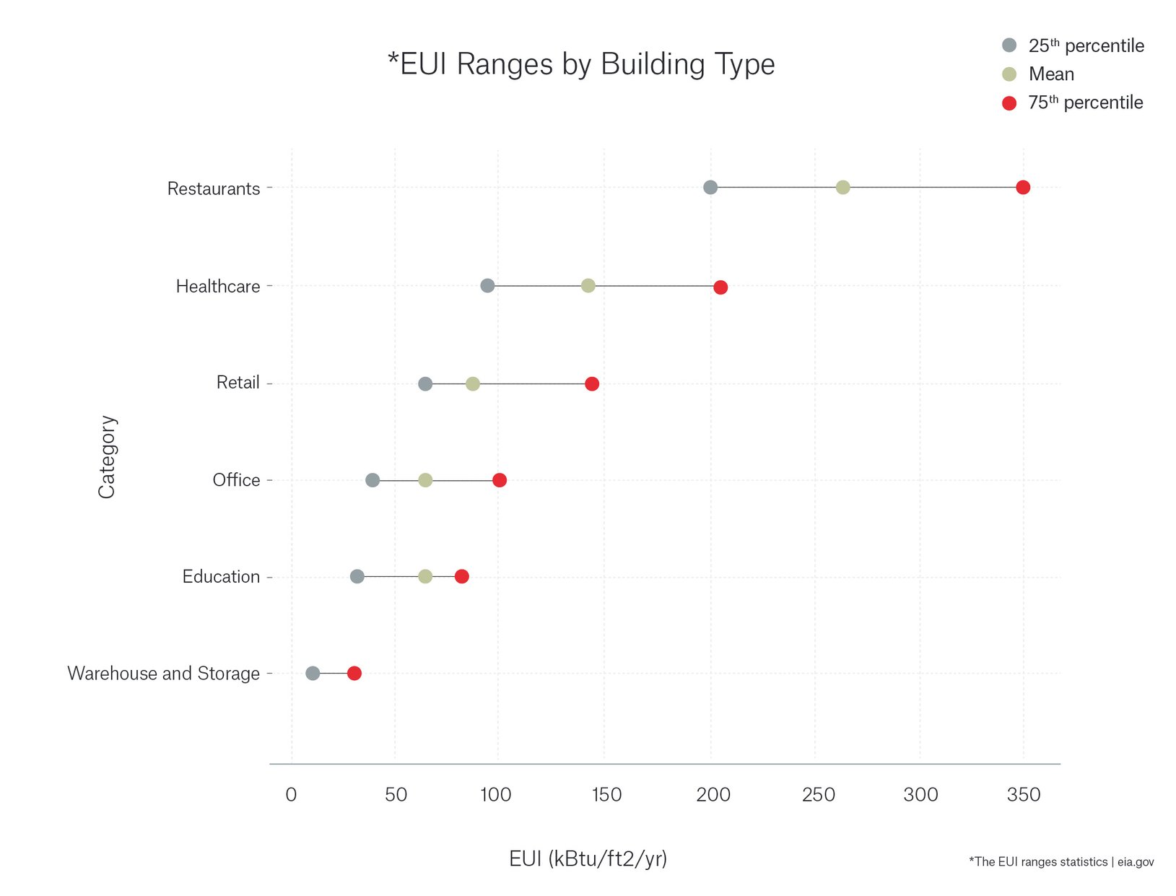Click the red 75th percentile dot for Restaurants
1022,188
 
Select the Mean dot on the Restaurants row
842,188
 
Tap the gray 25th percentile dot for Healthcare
487,286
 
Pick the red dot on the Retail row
592,383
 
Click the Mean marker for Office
425,480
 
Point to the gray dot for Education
357,576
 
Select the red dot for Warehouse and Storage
354,674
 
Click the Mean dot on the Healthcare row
588,286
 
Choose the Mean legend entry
1050,74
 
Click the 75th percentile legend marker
1009,103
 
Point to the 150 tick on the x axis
606,795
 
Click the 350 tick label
1023,795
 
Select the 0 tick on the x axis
291,795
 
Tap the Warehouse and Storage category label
163,674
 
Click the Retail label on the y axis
238,383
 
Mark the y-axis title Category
107,456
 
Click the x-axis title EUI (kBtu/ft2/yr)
588,858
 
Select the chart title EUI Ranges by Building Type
581,64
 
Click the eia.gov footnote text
1061,861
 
